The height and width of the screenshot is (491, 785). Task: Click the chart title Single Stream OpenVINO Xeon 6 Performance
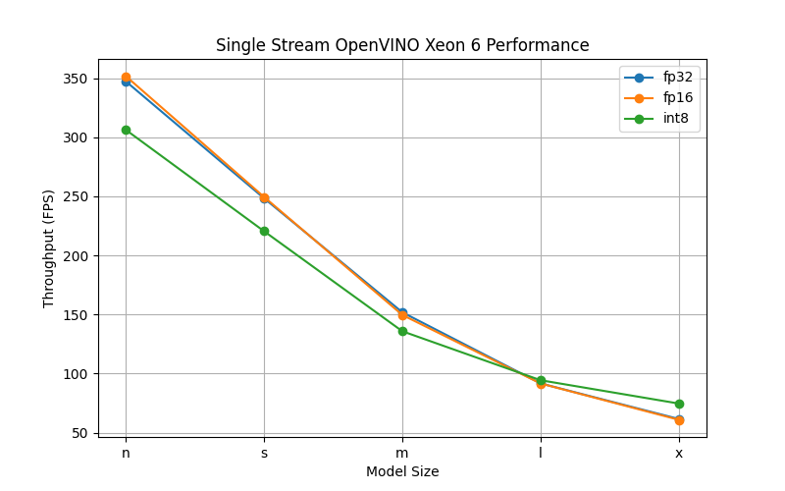[x=402, y=45]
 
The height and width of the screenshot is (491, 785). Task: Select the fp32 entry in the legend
[x=677, y=77]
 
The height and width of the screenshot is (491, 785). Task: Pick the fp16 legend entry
[x=677, y=97]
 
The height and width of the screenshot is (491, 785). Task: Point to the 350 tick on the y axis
[x=77, y=79]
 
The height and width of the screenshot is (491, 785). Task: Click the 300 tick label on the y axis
[x=77, y=137]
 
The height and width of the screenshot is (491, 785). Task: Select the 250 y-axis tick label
[x=77, y=196]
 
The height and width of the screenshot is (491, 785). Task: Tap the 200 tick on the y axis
[x=77, y=256]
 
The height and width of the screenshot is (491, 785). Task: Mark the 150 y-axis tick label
[x=77, y=315]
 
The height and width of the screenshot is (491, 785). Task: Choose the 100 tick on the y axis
[x=77, y=374]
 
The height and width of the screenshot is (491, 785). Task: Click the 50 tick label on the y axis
[x=80, y=433]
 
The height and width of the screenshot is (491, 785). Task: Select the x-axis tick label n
[x=126, y=453]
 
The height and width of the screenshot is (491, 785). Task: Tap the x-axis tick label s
[x=264, y=453]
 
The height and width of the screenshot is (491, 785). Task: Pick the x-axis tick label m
[x=402, y=453]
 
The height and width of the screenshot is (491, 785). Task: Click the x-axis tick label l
[x=541, y=453]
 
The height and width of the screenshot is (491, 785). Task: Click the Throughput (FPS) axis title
[x=49, y=248]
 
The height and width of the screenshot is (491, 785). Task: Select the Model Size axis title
[x=402, y=471]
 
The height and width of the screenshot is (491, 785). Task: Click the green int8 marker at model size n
[x=126, y=130]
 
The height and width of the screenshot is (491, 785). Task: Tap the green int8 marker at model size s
[x=264, y=231]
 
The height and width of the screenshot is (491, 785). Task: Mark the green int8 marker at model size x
[x=679, y=404]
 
